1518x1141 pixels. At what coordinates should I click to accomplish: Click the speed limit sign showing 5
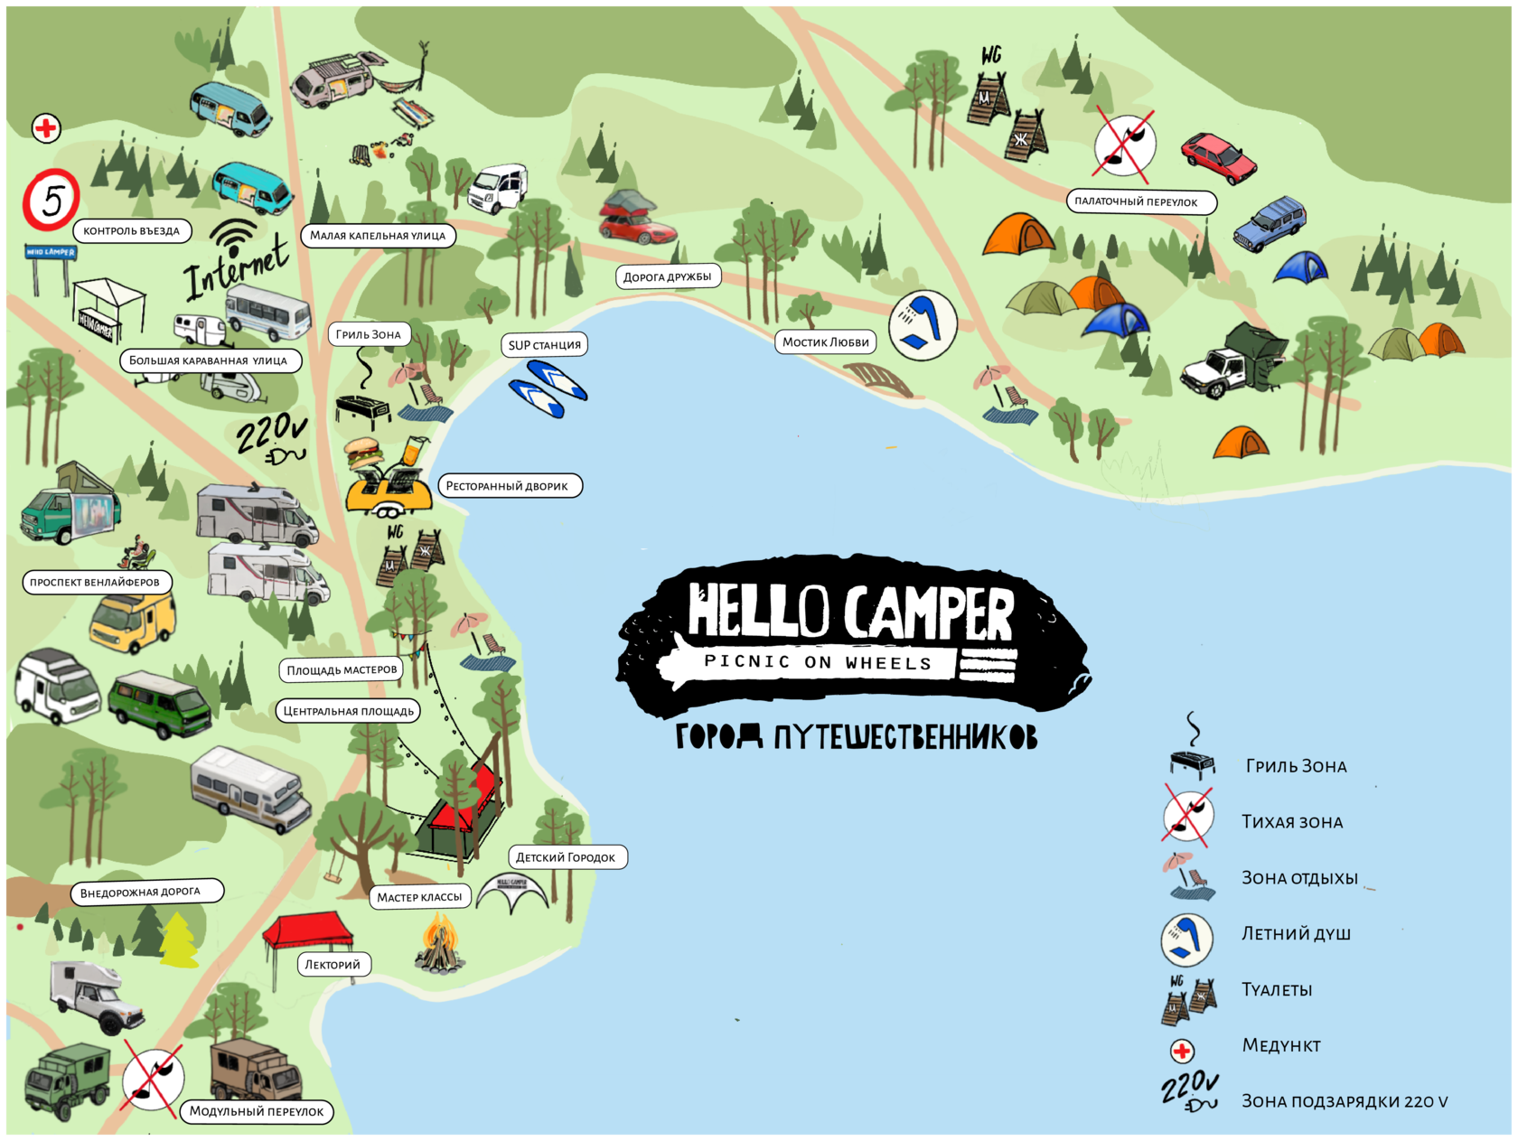pos(51,200)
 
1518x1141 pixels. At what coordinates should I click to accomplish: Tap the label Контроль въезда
pos(132,231)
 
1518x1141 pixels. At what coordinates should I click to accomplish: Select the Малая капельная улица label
pos(378,236)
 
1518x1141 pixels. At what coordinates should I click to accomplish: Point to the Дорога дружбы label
pos(668,276)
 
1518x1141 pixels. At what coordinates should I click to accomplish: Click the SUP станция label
pos(544,345)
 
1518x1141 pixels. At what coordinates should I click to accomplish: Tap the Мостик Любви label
pos(825,342)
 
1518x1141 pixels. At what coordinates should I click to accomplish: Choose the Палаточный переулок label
pos(1136,201)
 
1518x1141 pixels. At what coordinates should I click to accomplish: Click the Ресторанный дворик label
pos(507,486)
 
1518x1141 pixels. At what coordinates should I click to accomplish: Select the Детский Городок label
pos(566,857)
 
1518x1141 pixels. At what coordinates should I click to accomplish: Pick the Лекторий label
pos(333,965)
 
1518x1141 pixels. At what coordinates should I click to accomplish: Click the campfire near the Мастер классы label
pos(439,944)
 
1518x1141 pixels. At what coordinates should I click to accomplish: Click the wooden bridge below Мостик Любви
pos(878,379)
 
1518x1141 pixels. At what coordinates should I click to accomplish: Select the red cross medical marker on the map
pos(46,128)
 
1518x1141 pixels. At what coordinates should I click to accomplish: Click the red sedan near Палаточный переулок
pos(1218,157)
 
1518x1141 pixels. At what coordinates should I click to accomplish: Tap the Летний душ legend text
pos(1296,934)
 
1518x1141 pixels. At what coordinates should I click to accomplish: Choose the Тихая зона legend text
pos(1292,822)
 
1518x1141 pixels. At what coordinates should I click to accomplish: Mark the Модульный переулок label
pos(257,1112)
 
